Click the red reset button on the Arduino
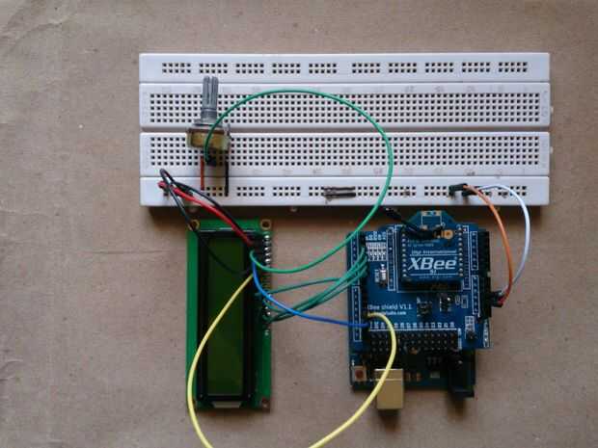pyautogui.click(x=364, y=372)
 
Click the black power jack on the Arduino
pyautogui.click(x=461, y=381)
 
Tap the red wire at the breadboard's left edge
pyautogui.click(x=198, y=198)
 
